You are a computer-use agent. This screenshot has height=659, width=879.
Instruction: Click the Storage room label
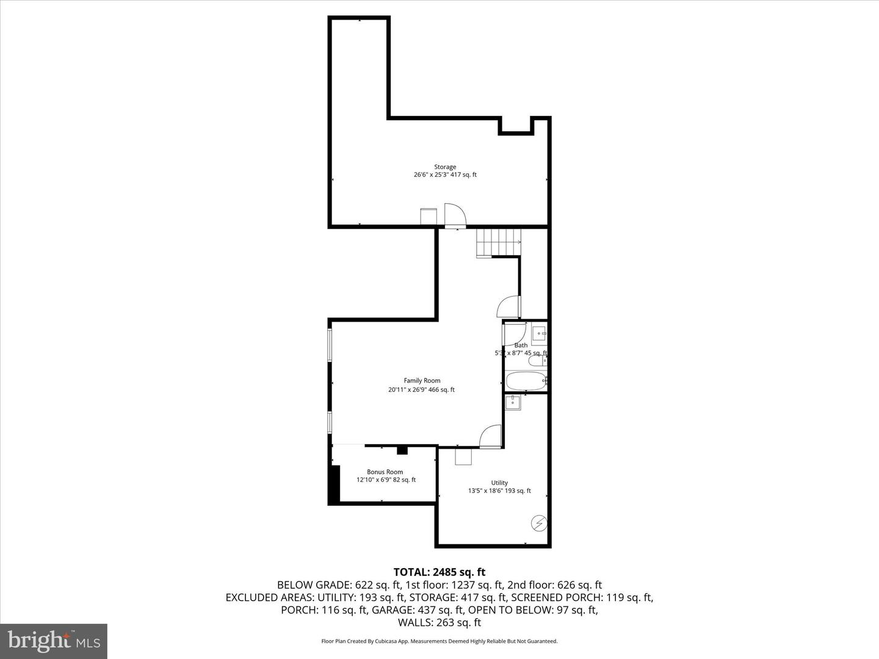[x=445, y=167]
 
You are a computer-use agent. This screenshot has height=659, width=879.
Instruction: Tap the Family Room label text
[x=422, y=380]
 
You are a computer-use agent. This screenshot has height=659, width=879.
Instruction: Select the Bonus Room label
[x=385, y=472]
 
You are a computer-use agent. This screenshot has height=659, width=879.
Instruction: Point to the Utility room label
[x=499, y=483]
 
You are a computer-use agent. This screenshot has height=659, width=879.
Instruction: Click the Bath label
[x=521, y=345]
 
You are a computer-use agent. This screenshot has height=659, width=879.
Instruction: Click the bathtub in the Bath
[x=525, y=381]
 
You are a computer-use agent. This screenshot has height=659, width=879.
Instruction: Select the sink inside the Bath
[x=538, y=334]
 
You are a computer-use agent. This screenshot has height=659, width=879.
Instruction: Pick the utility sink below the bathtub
[x=513, y=403]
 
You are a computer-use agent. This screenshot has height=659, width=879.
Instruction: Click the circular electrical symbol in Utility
[x=539, y=523]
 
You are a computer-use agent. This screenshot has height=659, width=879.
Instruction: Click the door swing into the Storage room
[x=455, y=215]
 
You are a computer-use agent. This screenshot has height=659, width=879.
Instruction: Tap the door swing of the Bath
[x=515, y=333]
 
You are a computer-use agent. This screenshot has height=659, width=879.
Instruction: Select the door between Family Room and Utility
[x=490, y=437]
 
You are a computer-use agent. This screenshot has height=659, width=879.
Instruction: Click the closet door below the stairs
[x=508, y=306]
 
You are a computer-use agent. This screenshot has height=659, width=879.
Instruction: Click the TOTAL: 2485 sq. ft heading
[x=439, y=572]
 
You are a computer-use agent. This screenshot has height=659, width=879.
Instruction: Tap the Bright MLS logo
[x=54, y=641]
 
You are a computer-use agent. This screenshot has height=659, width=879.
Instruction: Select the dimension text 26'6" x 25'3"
[x=431, y=175]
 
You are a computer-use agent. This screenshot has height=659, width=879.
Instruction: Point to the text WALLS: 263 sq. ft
[x=439, y=622]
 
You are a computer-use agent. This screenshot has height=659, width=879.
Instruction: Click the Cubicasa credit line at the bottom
[x=439, y=641]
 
